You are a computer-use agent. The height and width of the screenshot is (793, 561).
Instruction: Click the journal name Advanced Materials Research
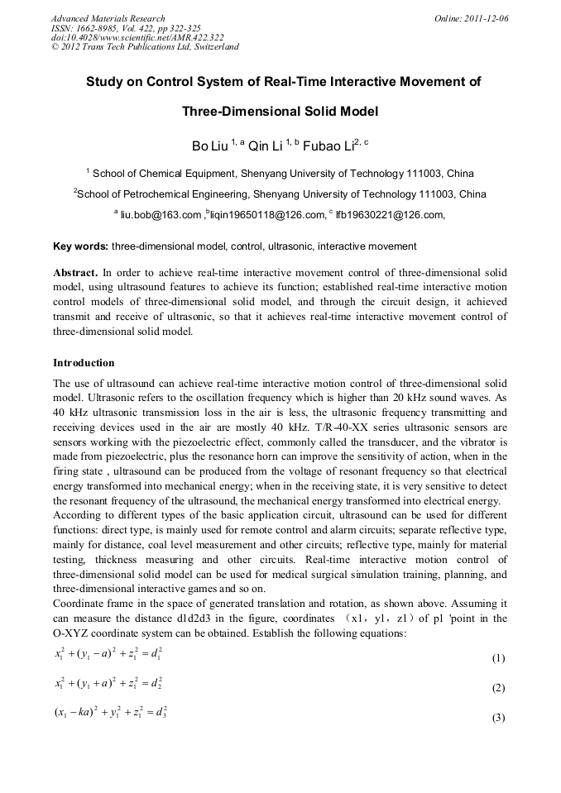(x=108, y=18)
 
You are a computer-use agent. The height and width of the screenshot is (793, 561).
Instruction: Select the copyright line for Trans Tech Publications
(x=145, y=47)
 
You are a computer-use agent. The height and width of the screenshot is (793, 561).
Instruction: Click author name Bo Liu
(x=209, y=146)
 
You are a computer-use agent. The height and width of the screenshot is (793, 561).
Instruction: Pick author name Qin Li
(x=265, y=146)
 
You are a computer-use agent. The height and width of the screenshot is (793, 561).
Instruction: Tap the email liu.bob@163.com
(x=161, y=215)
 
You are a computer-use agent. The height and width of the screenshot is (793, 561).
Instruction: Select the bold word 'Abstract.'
(x=76, y=272)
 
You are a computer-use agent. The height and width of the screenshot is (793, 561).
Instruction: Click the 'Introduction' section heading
(x=84, y=363)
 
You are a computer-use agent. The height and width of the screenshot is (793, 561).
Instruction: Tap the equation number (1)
(x=498, y=659)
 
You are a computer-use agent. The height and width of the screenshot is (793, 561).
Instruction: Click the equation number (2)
(x=498, y=688)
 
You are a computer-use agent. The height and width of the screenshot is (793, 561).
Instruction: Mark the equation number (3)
(x=498, y=718)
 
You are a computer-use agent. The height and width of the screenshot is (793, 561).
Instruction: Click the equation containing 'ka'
(x=111, y=711)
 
